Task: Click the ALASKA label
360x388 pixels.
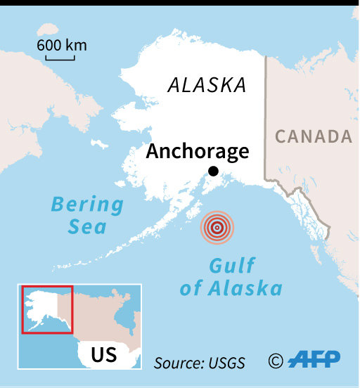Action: (207, 86)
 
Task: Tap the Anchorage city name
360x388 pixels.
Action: (198, 151)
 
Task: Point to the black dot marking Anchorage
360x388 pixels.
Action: (213, 172)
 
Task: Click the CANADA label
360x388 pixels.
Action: (313, 136)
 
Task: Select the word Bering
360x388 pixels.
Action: (87, 205)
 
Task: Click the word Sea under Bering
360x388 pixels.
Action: (87, 226)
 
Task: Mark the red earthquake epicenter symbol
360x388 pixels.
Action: (218, 227)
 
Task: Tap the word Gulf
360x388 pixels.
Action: (231, 266)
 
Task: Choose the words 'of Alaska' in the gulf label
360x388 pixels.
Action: (231, 288)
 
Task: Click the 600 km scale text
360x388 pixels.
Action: (62, 46)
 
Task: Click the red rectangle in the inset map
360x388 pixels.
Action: (47, 309)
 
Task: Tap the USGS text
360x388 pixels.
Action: (228, 363)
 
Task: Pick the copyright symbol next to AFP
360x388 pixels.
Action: (276, 361)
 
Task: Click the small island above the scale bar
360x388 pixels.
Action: (46, 28)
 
